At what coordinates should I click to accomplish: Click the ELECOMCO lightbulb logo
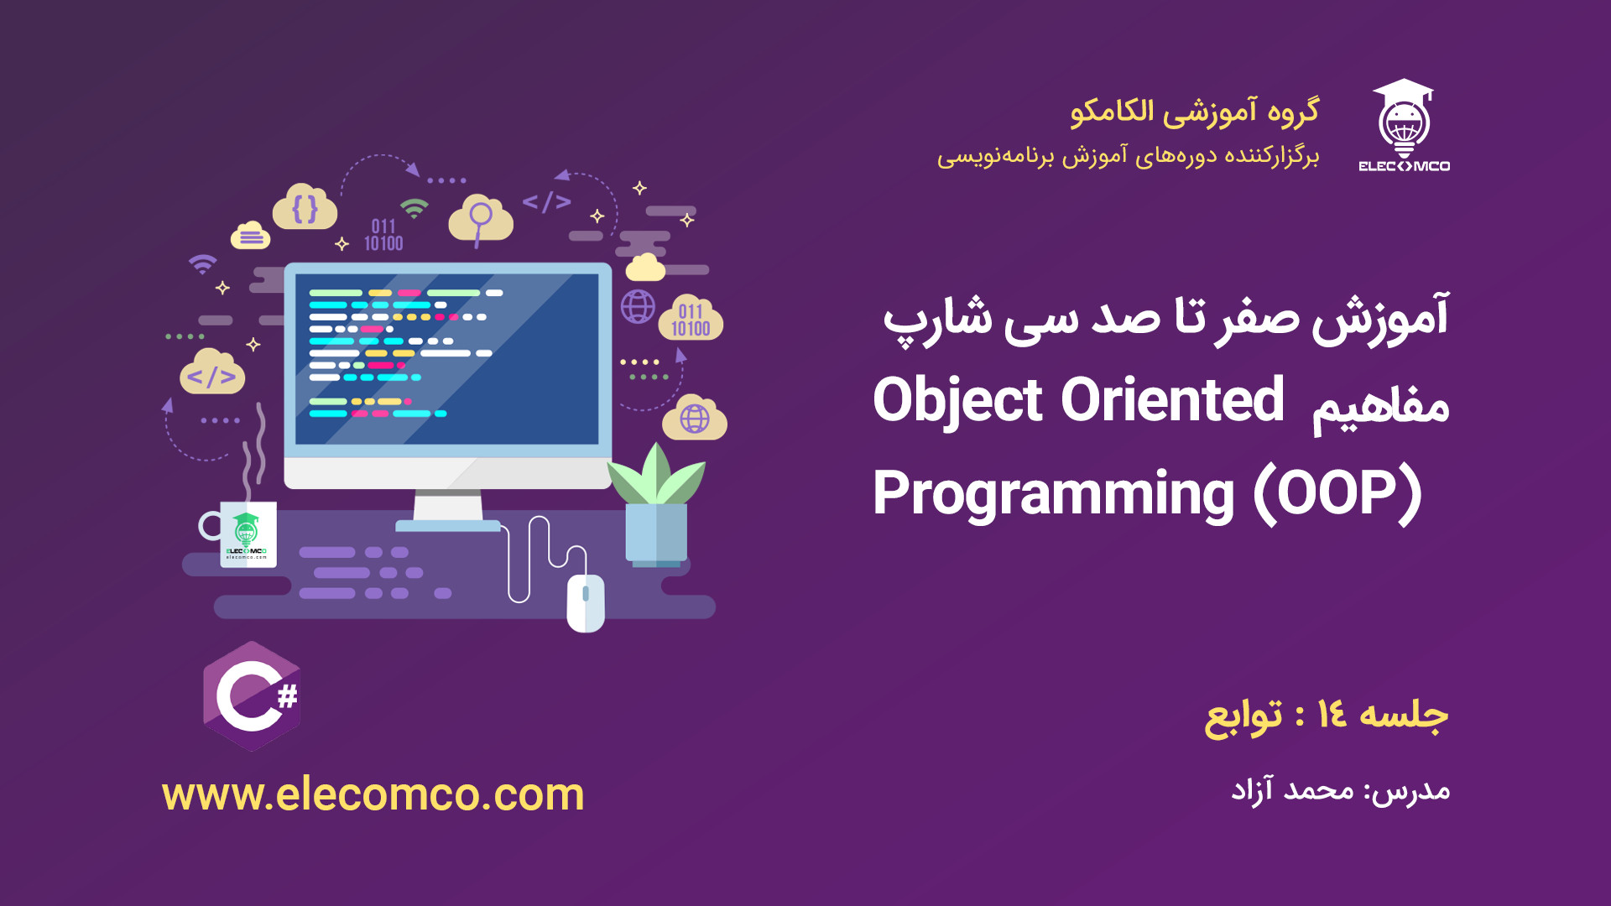click(1405, 126)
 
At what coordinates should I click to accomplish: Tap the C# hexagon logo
click(252, 696)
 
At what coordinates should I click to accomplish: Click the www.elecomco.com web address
click(373, 794)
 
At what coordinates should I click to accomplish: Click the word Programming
click(1054, 495)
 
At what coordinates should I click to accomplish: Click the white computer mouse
click(586, 602)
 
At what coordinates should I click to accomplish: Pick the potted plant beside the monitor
click(657, 503)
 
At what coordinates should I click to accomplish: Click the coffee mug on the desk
click(239, 534)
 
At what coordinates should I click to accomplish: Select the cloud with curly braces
click(305, 207)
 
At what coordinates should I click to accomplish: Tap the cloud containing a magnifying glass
click(481, 219)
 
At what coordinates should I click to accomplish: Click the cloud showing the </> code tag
click(212, 372)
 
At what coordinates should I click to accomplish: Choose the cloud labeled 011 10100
click(691, 318)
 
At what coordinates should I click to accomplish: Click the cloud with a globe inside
click(695, 417)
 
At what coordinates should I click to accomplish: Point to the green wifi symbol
click(414, 207)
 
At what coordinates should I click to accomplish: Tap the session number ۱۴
click(1332, 714)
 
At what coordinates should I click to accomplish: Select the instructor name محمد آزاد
click(1292, 789)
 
